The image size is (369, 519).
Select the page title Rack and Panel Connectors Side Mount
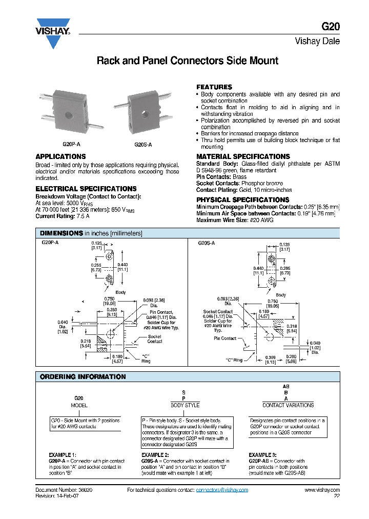[188, 61]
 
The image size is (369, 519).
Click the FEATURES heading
[214, 87]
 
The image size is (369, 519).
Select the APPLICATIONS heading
[60, 156]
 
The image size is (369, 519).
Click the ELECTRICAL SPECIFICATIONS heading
[86, 189]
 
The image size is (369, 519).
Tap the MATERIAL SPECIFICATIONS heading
[243, 156]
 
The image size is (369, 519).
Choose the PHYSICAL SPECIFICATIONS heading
[242, 199]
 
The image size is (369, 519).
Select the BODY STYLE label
[185, 405]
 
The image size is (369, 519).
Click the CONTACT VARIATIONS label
[288, 405]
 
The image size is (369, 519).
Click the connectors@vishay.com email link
[222, 490]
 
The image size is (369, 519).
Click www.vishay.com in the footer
[322, 490]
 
